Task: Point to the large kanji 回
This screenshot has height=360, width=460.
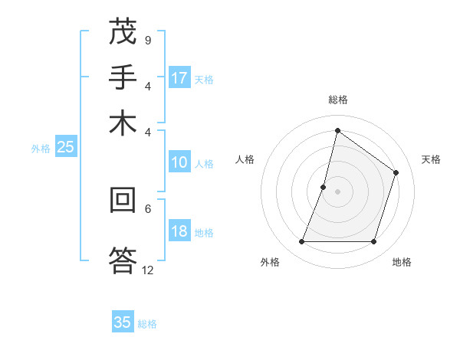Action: point(123,201)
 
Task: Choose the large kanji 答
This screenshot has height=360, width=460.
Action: point(123,259)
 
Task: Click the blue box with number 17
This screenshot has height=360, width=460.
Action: point(179,78)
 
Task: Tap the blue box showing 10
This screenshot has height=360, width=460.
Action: point(179,162)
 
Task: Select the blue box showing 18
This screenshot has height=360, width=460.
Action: point(179,232)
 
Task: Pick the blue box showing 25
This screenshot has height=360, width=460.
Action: point(65,148)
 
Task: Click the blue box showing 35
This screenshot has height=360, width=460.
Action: point(123,322)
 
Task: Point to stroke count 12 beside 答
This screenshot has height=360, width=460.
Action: point(147,270)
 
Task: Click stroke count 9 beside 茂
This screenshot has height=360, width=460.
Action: point(147,40)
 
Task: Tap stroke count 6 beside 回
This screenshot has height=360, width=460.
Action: point(148,208)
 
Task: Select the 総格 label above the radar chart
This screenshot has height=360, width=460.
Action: point(337,100)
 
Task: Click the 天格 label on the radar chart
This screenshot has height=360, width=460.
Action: point(431,159)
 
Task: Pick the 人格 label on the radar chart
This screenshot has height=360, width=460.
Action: point(245,159)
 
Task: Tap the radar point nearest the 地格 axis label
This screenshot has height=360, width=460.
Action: point(373,242)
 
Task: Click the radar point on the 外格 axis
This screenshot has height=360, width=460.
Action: point(301,242)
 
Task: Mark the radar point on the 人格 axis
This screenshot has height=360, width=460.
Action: point(324,186)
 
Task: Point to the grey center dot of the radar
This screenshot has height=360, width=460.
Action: point(337,191)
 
